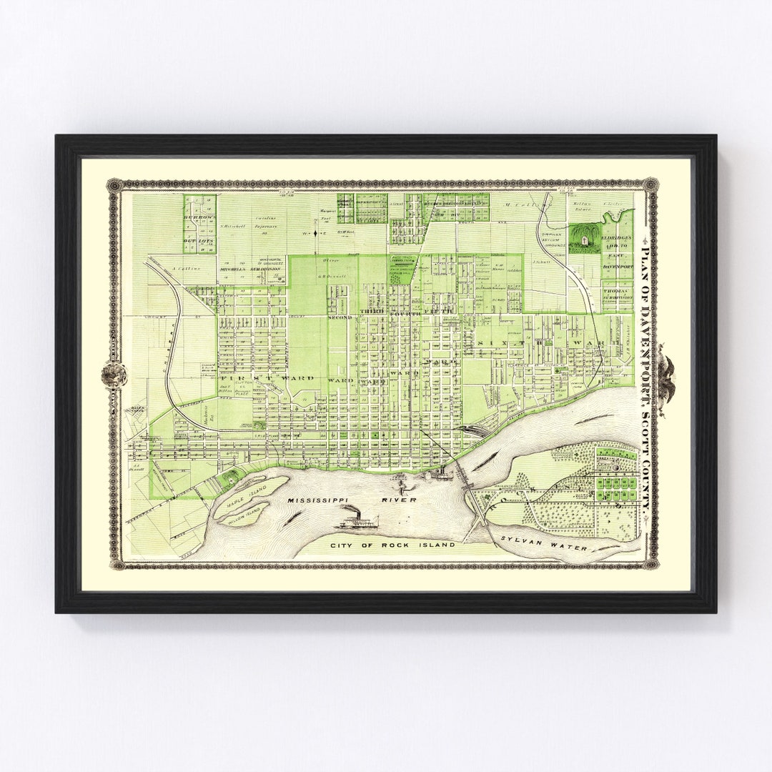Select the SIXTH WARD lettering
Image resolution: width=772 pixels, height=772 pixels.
pos(547,345)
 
